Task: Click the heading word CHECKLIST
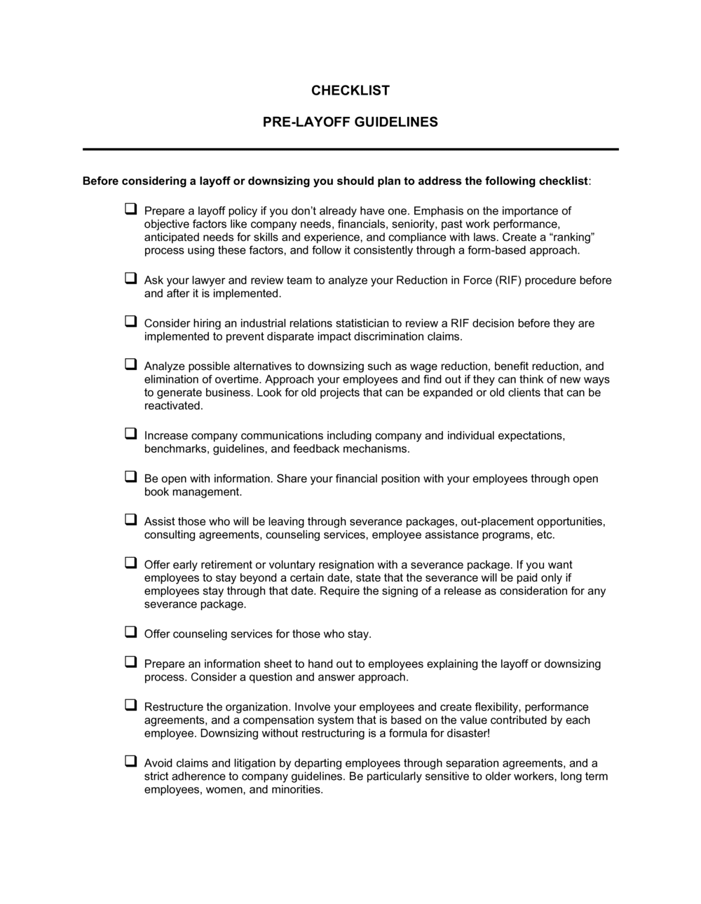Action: (x=350, y=90)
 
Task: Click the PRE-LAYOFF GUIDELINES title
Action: (x=350, y=122)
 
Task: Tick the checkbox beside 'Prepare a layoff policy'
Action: (x=130, y=209)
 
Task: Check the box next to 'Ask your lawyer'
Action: (x=130, y=278)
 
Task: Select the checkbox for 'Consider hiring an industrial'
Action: (x=130, y=322)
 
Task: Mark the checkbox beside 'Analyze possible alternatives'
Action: (x=130, y=364)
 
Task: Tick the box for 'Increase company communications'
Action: (x=130, y=434)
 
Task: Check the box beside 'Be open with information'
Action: (x=130, y=477)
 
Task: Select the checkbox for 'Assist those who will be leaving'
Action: (x=130, y=520)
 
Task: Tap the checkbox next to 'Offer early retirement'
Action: (x=130, y=563)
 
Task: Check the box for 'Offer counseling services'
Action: (x=130, y=632)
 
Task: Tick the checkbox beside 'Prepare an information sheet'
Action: (x=130, y=662)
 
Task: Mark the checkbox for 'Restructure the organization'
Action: (x=130, y=705)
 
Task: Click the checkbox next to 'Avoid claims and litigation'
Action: (x=130, y=762)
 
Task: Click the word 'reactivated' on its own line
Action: (x=173, y=406)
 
